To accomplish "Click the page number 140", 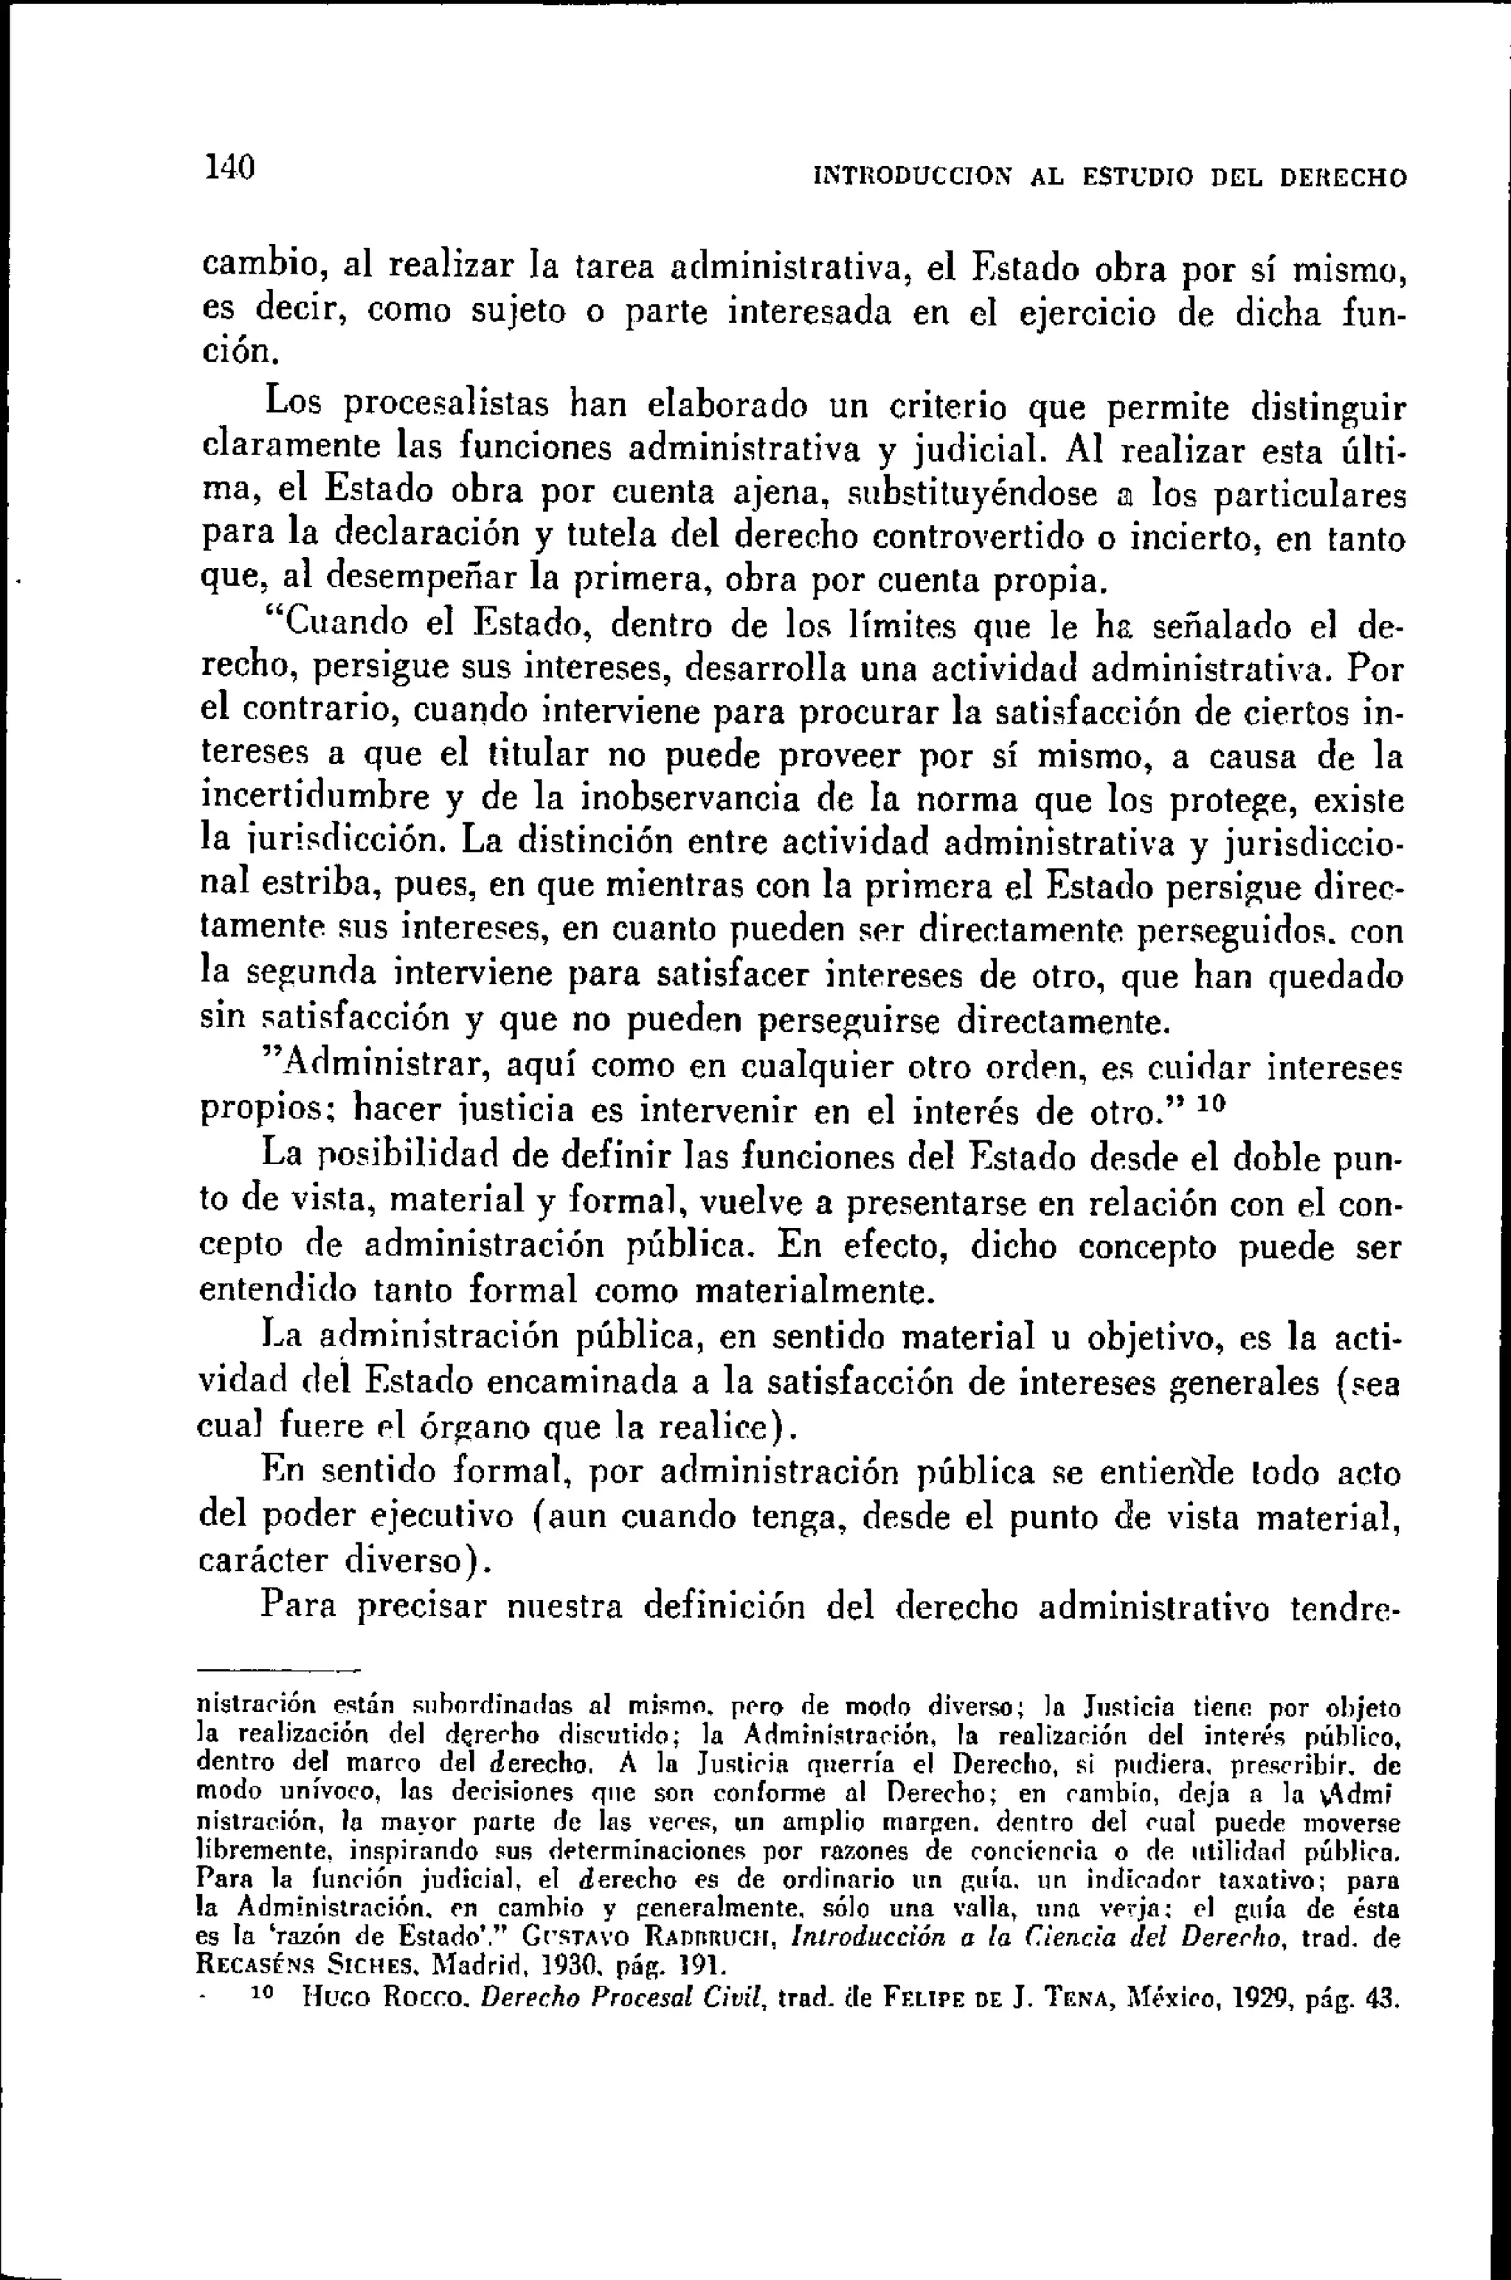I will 229,167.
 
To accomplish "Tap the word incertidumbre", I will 315,797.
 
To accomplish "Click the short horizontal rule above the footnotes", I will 277,1669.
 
